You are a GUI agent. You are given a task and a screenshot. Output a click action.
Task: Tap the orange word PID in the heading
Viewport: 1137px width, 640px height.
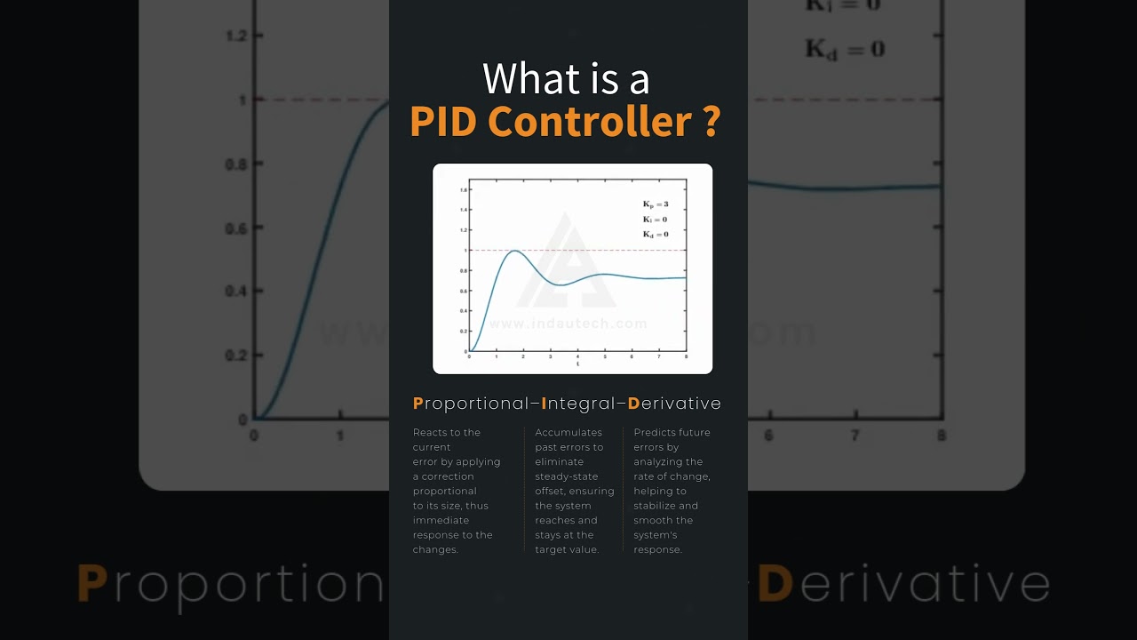click(x=443, y=122)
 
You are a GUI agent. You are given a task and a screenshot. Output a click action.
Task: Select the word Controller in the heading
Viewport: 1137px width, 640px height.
click(x=590, y=122)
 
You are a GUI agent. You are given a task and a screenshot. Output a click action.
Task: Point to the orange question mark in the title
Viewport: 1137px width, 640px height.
click(x=710, y=122)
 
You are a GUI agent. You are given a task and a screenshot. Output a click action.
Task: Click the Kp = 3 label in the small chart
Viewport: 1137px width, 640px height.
click(x=656, y=204)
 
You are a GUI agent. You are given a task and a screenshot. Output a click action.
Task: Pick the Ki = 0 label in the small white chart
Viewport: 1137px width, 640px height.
click(x=656, y=220)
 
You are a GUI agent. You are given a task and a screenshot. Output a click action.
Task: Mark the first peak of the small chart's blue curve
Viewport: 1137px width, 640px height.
click(x=513, y=251)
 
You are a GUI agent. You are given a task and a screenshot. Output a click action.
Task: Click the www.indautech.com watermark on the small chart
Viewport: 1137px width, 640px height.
click(x=568, y=324)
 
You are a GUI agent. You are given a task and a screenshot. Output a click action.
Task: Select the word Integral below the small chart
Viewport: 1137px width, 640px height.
click(x=580, y=404)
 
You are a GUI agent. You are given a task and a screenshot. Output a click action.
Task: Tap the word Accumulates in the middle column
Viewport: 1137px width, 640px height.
click(x=568, y=433)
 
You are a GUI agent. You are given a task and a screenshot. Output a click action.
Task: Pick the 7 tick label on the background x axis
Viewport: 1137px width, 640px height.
click(x=855, y=436)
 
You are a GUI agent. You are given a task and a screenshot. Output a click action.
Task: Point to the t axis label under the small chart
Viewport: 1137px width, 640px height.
click(x=577, y=364)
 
